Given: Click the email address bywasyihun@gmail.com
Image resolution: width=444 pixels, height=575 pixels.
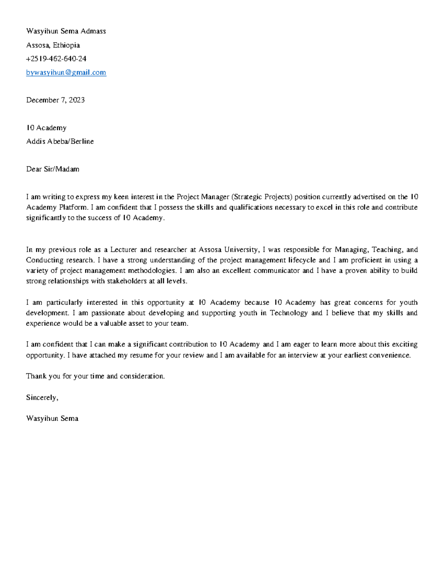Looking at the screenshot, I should pyautogui.click(x=66, y=73).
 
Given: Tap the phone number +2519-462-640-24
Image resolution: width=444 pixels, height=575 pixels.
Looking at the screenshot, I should pyautogui.click(x=56, y=59).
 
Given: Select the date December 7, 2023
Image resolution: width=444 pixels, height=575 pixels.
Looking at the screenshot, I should pyautogui.click(x=55, y=100).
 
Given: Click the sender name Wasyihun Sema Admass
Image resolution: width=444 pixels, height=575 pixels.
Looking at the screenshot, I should pyautogui.click(x=66, y=31).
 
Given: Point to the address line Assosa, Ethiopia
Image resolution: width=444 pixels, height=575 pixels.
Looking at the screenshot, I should pyautogui.click(x=53, y=45).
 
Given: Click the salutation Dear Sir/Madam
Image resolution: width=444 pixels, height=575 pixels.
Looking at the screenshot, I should pyautogui.click(x=53, y=169).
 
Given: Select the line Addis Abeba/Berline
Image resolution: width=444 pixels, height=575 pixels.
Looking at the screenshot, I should pyautogui.click(x=60, y=141).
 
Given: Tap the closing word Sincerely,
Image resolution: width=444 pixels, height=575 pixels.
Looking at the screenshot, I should pyautogui.click(x=42, y=398).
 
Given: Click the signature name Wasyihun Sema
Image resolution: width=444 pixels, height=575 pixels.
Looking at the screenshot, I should pyautogui.click(x=52, y=419).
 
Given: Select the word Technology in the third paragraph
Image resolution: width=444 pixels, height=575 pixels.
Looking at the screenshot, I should pyautogui.click(x=289, y=313).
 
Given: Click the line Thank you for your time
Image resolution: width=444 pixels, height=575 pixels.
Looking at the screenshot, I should pyautogui.click(x=95, y=376).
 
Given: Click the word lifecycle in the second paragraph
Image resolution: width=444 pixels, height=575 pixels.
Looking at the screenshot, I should pyautogui.click(x=301, y=260).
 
